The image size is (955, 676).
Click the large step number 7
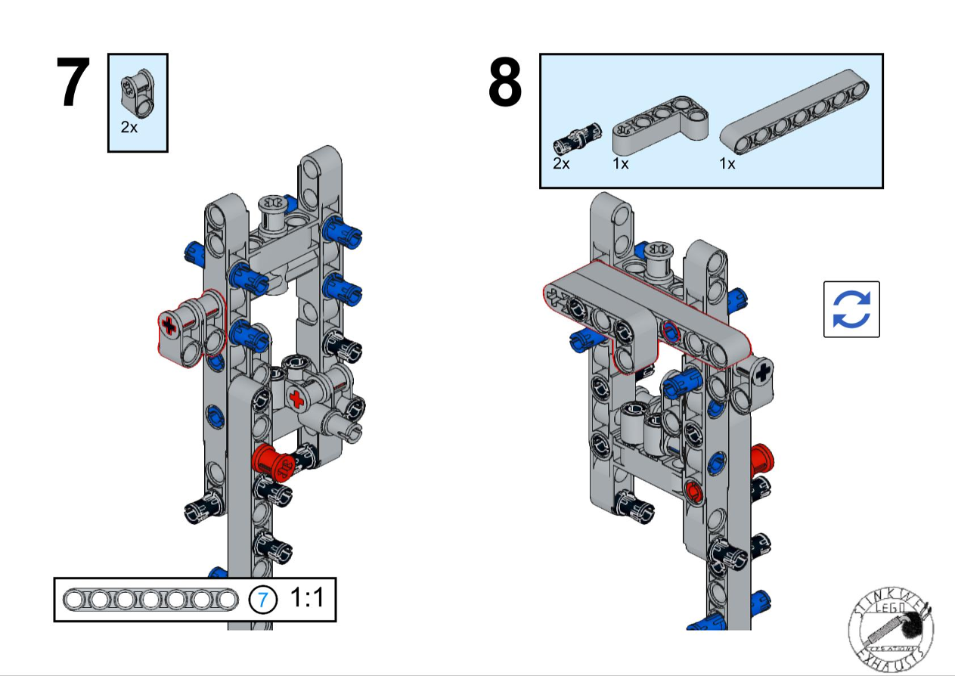[x=73, y=83]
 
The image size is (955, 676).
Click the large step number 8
[x=505, y=83]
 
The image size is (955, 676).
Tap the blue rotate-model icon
[x=851, y=309]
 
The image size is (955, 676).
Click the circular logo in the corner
[x=891, y=627]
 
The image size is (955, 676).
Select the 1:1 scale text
[x=306, y=599]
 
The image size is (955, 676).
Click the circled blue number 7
[x=262, y=600]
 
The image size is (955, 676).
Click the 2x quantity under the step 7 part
[x=129, y=128]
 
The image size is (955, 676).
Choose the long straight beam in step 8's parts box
[x=794, y=113]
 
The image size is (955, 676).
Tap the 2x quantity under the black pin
[x=560, y=163]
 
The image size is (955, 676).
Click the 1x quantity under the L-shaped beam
[x=621, y=163]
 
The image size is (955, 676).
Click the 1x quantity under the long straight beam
[x=727, y=163]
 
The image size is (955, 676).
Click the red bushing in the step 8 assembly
[x=761, y=457]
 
